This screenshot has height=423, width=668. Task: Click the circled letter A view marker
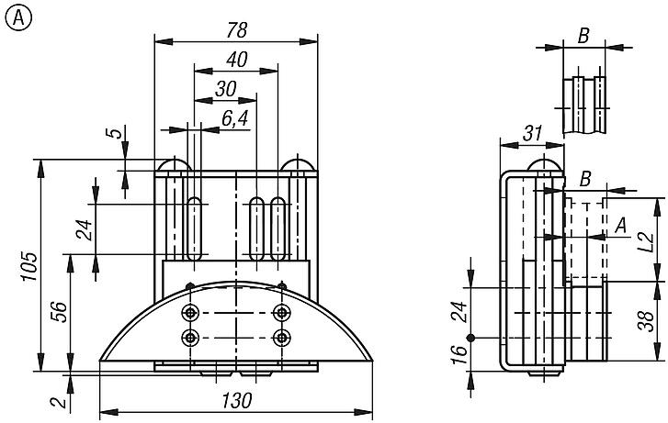(x=16, y=16)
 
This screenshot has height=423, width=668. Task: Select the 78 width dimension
(x=236, y=29)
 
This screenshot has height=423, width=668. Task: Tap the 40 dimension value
(x=236, y=60)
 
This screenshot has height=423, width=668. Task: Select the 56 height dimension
(x=58, y=313)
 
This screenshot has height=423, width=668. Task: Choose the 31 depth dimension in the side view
(x=531, y=133)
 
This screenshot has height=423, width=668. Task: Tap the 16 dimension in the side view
(x=457, y=355)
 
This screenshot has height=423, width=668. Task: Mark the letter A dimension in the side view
(x=620, y=224)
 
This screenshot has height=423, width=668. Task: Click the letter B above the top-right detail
(x=583, y=37)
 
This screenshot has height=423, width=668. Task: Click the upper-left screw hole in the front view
(x=190, y=312)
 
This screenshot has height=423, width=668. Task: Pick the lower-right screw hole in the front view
(x=282, y=337)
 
